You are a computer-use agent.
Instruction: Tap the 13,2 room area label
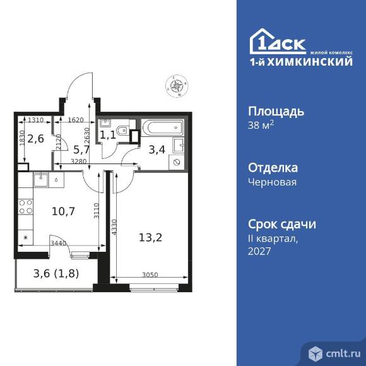pyautogui.click(x=150, y=238)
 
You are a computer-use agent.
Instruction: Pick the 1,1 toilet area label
pyautogui.click(x=109, y=134)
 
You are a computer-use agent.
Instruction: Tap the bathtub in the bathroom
pyautogui.click(x=162, y=127)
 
